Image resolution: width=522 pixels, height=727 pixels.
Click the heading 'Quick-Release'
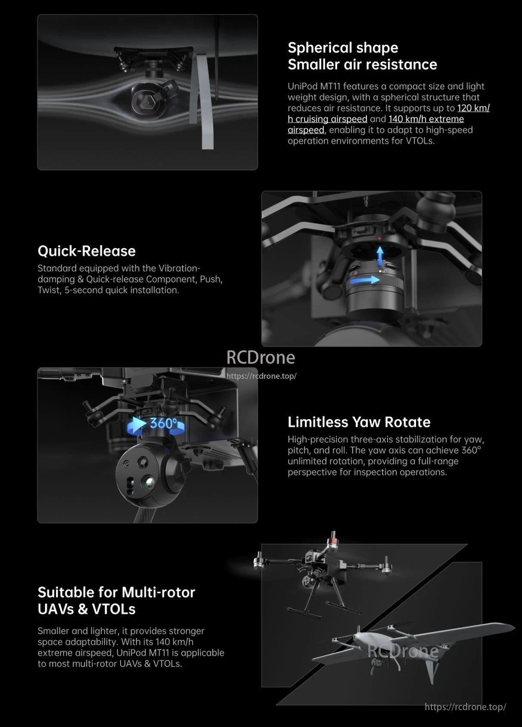(x=87, y=251)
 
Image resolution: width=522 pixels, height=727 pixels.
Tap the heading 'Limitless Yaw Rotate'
(x=359, y=422)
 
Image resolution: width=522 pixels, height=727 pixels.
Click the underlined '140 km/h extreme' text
(x=426, y=119)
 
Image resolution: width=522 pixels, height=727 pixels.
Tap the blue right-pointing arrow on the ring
(x=364, y=281)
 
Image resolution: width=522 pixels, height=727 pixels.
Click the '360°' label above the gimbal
(x=163, y=423)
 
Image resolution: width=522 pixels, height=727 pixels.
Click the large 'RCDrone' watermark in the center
(x=261, y=357)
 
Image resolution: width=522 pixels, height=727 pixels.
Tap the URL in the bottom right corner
(x=465, y=707)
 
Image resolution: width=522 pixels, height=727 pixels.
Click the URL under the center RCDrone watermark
(x=261, y=376)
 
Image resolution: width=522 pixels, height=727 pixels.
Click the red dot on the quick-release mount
(x=379, y=238)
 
